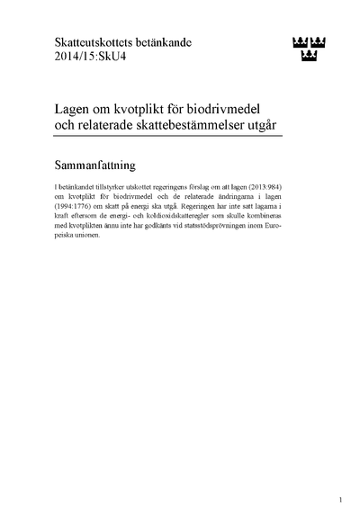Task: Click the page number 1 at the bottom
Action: [x=341, y=500]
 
